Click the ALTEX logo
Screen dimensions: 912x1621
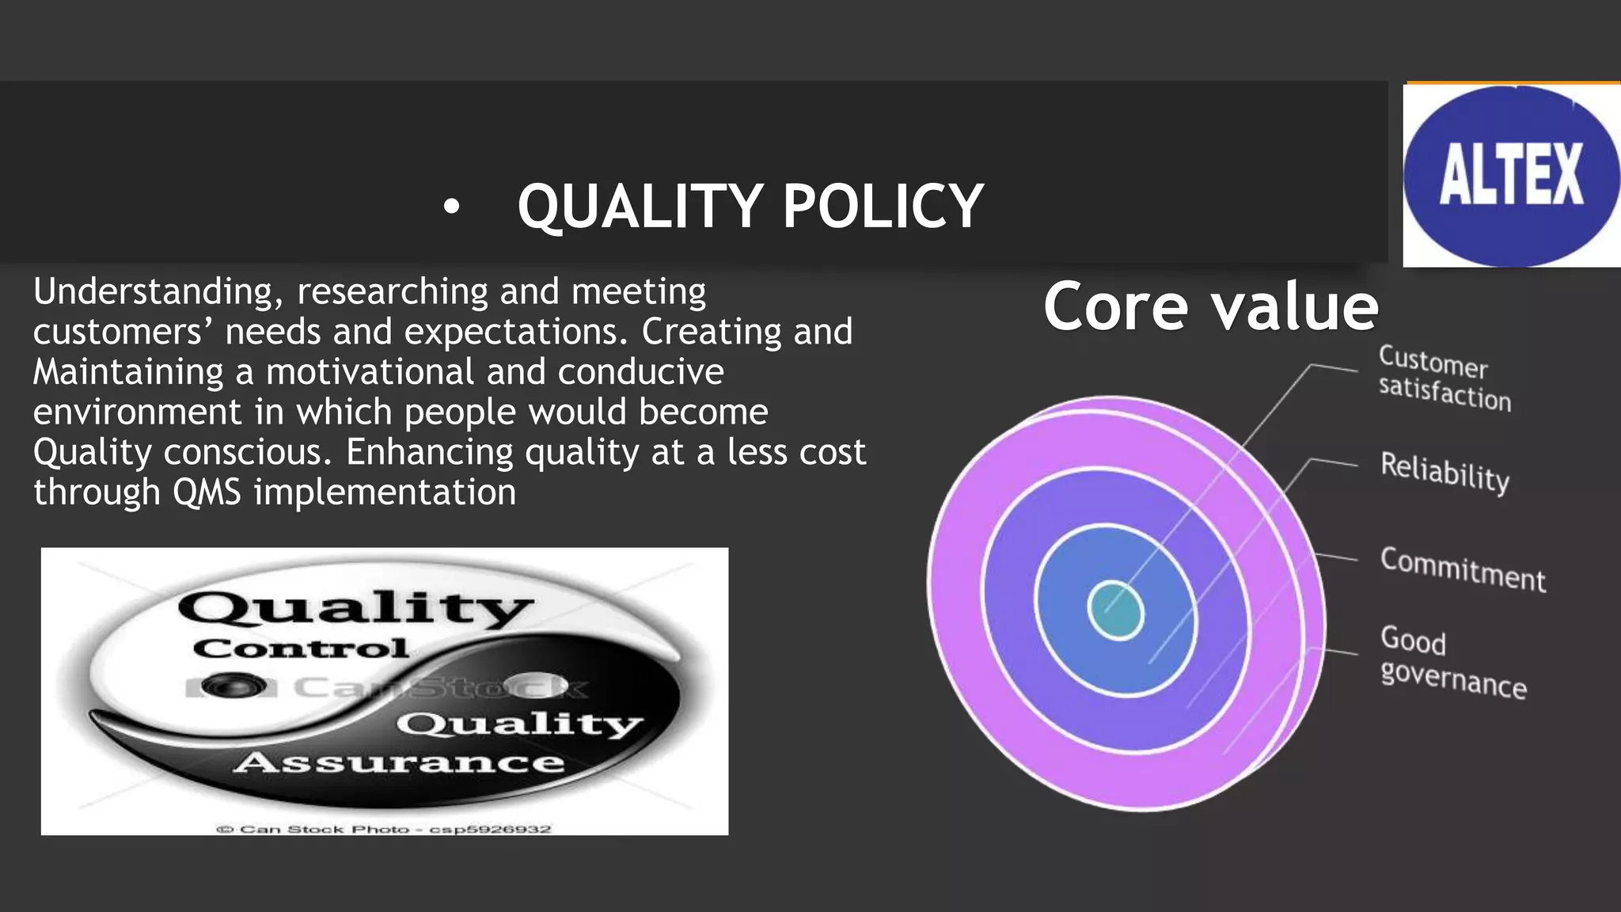pos(1511,175)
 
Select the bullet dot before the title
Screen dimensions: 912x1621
pos(451,207)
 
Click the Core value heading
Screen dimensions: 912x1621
pos(1210,307)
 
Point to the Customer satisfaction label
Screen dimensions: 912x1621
pos(1444,379)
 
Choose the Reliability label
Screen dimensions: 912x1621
pos(1444,473)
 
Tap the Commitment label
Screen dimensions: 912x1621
pos(1463,569)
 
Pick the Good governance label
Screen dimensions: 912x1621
pos(1452,662)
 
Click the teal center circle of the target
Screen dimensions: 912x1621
pos(1115,610)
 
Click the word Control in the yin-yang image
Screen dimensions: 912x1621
pos(301,648)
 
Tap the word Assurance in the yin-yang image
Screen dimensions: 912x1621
pos(399,762)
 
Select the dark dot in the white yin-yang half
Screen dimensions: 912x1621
pos(233,686)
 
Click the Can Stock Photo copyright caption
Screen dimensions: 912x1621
pos(384,829)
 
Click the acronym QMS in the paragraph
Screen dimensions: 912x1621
pos(207,492)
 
